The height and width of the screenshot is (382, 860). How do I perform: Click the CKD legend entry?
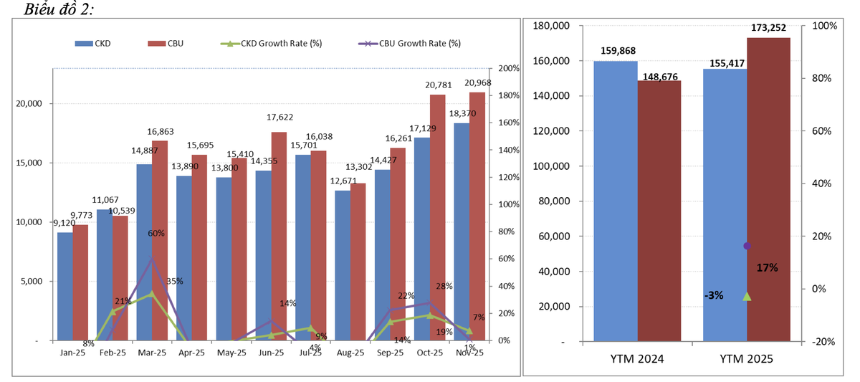(x=92, y=43)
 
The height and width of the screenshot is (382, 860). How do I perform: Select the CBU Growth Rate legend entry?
(x=409, y=43)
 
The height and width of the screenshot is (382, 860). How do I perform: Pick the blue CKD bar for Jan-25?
(x=65, y=286)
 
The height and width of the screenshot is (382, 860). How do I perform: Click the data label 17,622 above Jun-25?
(x=279, y=117)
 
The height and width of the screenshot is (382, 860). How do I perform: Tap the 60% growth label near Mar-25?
(x=156, y=233)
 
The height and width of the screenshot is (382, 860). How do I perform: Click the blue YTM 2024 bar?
(x=616, y=201)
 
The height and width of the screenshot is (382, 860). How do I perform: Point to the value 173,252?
(x=769, y=28)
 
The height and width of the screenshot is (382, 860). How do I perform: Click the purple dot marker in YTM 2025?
(x=747, y=246)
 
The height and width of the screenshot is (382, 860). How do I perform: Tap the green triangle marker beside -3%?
(x=747, y=296)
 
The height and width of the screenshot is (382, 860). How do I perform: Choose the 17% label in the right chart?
(x=767, y=267)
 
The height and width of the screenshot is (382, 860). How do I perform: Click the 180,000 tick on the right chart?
(x=552, y=26)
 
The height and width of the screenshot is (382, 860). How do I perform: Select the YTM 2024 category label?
(x=636, y=358)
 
